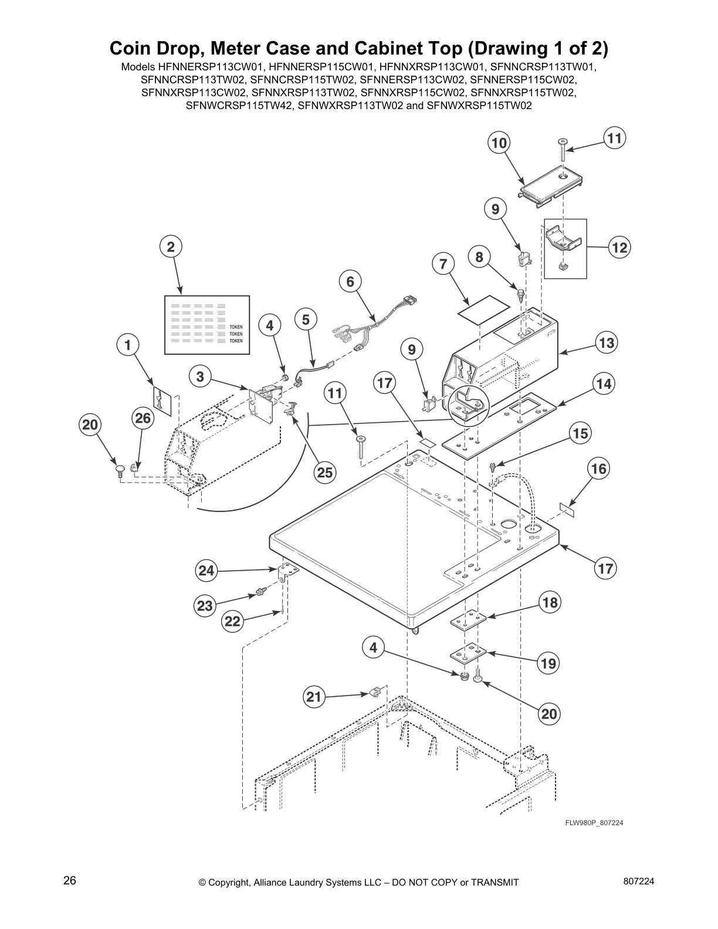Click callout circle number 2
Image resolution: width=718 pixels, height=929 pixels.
click(x=171, y=247)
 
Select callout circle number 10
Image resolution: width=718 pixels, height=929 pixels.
click(x=499, y=143)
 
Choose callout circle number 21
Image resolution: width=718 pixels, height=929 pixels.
click(x=314, y=697)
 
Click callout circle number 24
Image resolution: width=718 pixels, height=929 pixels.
click(x=206, y=571)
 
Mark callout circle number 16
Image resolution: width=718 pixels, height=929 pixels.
click(x=600, y=469)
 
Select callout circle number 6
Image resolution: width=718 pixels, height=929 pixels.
click(x=350, y=282)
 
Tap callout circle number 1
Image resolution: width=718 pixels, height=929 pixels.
click(x=127, y=345)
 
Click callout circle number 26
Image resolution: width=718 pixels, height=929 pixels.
click(x=143, y=418)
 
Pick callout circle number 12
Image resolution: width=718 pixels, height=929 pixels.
click(x=619, y=248)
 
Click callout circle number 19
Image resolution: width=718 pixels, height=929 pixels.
click(x=548, y=663)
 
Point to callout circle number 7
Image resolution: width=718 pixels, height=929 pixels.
click(x=443, y=265)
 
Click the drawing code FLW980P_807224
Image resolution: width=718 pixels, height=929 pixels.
click(x=594, y=823)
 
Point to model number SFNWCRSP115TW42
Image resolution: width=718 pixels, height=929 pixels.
click(x=240, y=106)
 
